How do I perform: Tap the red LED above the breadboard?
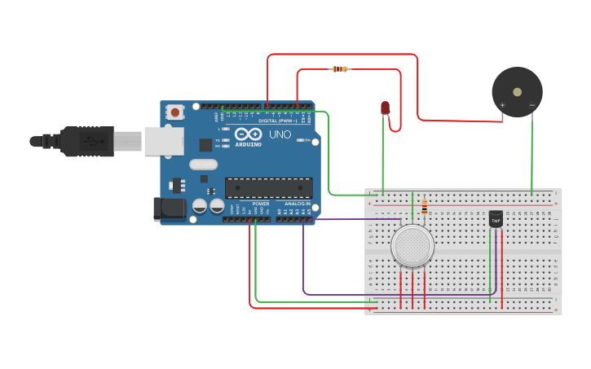(386, 108)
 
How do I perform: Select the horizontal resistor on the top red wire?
(340, 69)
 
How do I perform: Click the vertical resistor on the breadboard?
(425, 208)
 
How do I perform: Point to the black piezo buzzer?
(517, 92)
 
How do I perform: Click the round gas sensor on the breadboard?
(412, 245)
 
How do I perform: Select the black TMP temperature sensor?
(496, 218)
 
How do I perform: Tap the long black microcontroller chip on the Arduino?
(268, 187)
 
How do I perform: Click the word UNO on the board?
(280, 134)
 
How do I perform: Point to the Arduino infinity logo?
(248, 134)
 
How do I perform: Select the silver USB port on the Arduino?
(163, 140)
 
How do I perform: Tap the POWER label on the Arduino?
(260, 204)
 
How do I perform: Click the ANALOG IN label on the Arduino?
(297, 204)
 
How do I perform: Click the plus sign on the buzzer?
(502, 105)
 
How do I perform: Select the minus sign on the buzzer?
(531, 105)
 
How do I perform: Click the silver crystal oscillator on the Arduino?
(204, 164)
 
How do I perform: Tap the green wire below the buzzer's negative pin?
(532, 155)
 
